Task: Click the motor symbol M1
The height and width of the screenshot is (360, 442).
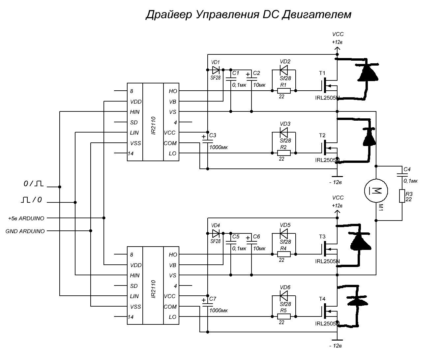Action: click(x=376, y=190)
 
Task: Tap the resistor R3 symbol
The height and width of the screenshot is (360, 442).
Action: click(x=402, y=196)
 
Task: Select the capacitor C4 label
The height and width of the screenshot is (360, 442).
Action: click(x=407, y=169)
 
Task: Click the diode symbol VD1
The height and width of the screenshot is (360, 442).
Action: click(x=216, y=70)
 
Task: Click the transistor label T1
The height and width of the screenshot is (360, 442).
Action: click(x=322, y=73)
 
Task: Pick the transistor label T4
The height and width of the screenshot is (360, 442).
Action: click(x=322, y=299)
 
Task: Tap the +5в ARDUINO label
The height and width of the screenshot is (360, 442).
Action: click(x=26, y=218)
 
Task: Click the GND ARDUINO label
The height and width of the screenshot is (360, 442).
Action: click(x=25, y=231)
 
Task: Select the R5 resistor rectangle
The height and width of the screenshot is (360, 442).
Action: click(x=284, y=316)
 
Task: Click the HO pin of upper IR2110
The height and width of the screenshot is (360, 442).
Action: click(x=173, y=91)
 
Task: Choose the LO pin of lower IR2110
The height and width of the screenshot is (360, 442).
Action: click(x=172, y=317)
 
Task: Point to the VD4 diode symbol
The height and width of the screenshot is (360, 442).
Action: click(x=216, y=233)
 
